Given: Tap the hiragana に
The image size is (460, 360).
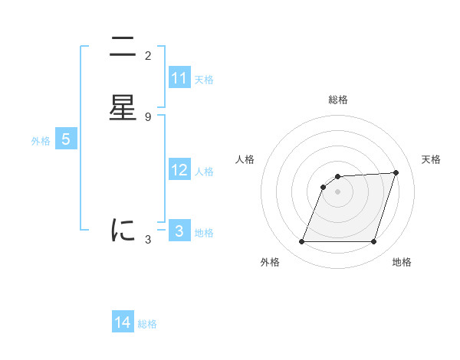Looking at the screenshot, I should coord(123,230).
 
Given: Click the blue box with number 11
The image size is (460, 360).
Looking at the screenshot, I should coord(179,78).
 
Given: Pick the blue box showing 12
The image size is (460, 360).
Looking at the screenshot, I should coord(179,170).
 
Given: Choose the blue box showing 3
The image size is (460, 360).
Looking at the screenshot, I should coord(179,231).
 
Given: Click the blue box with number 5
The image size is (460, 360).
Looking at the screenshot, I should coord(66,139).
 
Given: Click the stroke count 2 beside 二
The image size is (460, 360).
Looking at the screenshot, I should coord(148,56).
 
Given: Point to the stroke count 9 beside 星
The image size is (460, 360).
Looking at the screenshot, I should coord(148,117).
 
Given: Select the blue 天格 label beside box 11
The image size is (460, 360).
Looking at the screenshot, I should coord(204,80).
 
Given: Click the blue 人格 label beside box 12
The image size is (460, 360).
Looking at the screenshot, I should coord(204,172).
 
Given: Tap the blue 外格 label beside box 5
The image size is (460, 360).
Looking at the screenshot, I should coord(41,141).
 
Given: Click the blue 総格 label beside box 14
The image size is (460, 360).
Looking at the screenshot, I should coord(147,324).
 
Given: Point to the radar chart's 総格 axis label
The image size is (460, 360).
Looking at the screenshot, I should coord(338,100).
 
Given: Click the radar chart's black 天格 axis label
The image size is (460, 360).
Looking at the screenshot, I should coord(431,159).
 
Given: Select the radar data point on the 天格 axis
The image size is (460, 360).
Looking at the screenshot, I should coord(396,172).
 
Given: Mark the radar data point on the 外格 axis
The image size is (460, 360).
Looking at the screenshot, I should coord(301,242).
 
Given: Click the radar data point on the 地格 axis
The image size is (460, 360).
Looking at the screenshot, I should coord(373,242).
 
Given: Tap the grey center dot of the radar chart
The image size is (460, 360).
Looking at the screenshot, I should coord(337,192).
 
